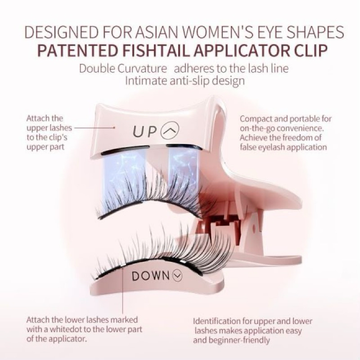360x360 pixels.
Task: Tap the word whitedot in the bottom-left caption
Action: pos(66,329)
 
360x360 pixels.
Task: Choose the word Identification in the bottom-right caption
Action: pos(217,321)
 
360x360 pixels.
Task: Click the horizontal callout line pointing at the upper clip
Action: pos(94,128)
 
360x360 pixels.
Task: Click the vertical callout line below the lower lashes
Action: pos(123,290)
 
